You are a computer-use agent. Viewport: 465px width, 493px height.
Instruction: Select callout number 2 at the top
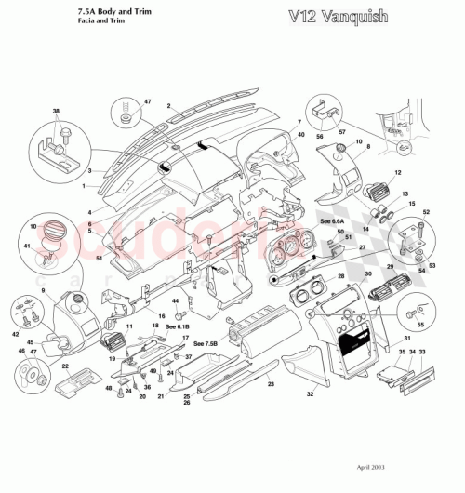pos(168,107)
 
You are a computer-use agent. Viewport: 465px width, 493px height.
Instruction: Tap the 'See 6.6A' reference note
pos(332,222)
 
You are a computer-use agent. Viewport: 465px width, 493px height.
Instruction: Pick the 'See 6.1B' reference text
pos(178,327)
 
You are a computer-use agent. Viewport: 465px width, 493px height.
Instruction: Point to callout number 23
pos(269,383)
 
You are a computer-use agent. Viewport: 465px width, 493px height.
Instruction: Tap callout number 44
pos(175,300)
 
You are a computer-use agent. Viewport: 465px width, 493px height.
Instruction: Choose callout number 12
pos(397,173)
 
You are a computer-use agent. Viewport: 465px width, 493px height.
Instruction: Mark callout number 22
pos(65,366)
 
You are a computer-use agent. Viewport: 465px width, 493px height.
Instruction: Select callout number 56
pos(321,135)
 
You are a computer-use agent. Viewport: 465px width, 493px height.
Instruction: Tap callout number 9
pos(43,291)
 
